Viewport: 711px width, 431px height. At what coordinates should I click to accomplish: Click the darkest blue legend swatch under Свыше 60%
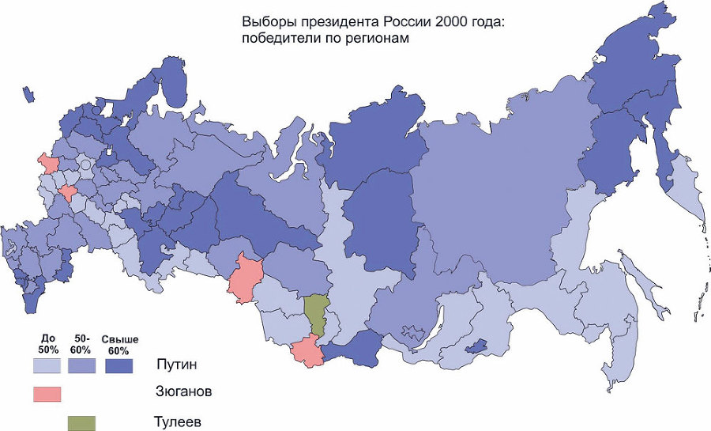[x=118, y=366]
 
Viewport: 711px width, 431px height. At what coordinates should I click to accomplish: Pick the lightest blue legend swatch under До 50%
[x=47, y=366]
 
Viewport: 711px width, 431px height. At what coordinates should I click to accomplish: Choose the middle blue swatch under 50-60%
[x=81, y=366]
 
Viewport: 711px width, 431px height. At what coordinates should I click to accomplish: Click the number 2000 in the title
[x=428, y=21]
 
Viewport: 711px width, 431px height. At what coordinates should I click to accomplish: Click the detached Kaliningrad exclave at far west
[x=28, y=95]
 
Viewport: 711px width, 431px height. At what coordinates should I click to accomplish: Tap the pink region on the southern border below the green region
[x=307, y=353]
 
